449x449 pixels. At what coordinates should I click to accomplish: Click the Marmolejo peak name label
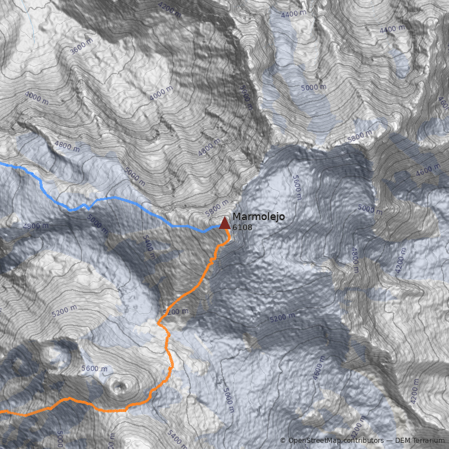pos(258,217)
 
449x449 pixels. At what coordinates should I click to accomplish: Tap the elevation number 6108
pos(242,228)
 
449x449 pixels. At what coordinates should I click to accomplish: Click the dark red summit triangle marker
pos(224,224)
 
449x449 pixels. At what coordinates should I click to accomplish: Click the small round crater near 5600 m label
pos(119,386)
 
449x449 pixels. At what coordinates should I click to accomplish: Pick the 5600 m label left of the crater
pos(94,369)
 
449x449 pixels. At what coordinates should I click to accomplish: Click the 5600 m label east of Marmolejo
pos(297,187)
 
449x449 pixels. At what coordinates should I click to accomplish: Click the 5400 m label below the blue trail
pos(148,248)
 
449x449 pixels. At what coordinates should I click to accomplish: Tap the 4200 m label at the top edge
pos(169,9)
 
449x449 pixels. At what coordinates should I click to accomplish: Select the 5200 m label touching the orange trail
pos(176,311)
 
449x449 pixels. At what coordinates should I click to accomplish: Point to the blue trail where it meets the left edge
pos(2,164)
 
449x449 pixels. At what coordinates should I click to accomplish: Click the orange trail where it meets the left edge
pos(2,412)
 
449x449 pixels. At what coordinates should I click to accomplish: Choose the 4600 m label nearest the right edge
pos(428,170)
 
